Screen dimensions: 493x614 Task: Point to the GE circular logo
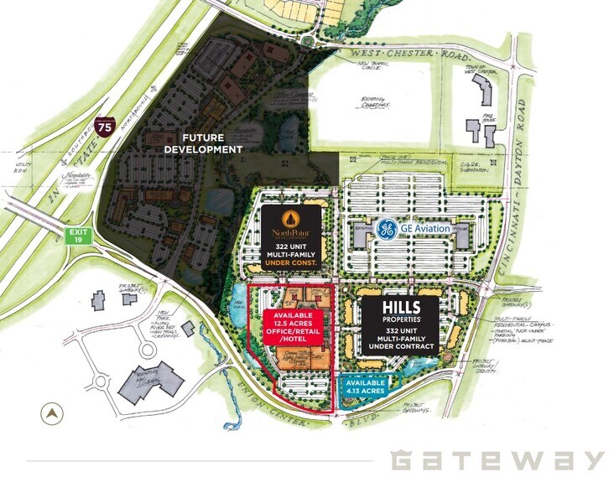point(387,229)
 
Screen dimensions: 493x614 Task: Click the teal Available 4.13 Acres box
point(364,386)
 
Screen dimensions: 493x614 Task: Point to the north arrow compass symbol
point(55,413)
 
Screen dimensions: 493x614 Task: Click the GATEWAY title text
point(497,459)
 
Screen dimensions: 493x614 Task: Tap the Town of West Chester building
point(486,89)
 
